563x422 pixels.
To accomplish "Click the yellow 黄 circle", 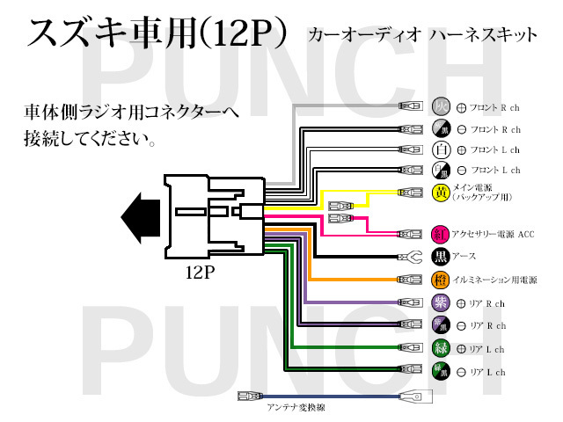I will pos(442,193).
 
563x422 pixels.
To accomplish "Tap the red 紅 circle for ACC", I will pos(442,235).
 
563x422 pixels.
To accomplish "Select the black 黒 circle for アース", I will pos(442,258).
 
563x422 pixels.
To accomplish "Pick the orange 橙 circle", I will pos(442,280).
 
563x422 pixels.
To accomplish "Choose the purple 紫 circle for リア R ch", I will pos(442,303).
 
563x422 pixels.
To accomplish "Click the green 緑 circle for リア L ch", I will pos(442,349).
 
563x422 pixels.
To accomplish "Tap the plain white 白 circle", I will pos(442,149).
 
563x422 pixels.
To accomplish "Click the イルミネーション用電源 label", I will pos(494,280).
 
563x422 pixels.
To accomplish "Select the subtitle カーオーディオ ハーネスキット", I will pos(421,36).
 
